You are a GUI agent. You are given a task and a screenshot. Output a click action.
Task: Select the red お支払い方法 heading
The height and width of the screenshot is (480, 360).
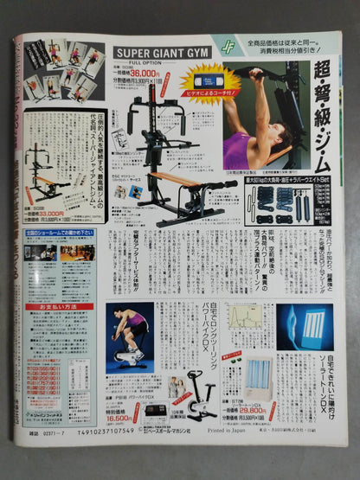click(53, 306)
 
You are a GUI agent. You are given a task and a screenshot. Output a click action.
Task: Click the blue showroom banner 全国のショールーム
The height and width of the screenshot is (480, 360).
click(53, 232)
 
